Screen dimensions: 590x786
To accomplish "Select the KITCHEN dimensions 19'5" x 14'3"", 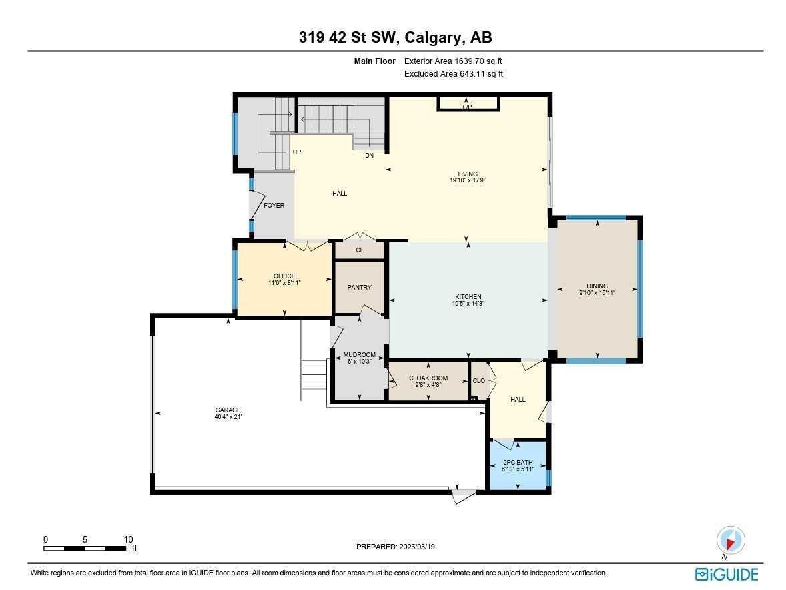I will coord(468,304).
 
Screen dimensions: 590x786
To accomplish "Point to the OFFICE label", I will coord(284,276).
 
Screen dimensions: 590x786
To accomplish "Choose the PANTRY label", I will coord(359,288).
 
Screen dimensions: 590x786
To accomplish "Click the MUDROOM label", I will coord(359,355).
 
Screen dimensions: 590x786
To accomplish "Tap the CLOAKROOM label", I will coord(428,378).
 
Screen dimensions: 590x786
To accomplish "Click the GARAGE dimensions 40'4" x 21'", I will coord(228,418).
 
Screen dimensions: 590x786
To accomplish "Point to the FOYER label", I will coord(274,206).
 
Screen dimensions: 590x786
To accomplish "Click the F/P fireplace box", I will coord(468,104).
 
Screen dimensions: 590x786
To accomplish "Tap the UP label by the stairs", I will coord(297,152).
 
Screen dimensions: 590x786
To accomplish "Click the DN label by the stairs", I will coord(369,156).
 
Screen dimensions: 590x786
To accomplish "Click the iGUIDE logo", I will coord(727,574).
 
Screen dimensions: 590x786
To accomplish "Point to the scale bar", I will coord(85,548).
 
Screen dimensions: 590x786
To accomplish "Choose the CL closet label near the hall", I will coord(359,250).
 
